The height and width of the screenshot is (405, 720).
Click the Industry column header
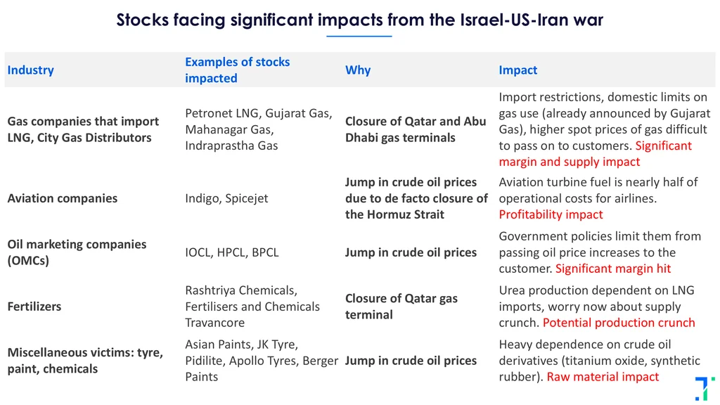30,70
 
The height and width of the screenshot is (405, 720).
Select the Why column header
358,70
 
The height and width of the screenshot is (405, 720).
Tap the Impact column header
517,70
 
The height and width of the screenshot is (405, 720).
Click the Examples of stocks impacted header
238,70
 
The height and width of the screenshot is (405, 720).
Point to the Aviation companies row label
63,198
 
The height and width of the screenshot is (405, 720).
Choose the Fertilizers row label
34,307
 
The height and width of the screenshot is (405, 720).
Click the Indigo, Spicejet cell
226,198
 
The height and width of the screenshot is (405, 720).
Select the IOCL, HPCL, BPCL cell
232,252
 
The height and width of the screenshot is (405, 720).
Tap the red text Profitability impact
551,214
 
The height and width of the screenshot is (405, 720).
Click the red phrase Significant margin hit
613,269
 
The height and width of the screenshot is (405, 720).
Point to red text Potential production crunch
619,323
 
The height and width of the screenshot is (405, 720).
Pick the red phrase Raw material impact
603,377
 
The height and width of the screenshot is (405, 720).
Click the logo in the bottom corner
705,388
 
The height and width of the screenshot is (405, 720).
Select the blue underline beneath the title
359,36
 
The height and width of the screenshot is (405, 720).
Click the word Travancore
215,323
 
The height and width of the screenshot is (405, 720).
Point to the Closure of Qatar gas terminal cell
401,307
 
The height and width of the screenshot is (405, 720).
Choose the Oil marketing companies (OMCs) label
77,252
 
